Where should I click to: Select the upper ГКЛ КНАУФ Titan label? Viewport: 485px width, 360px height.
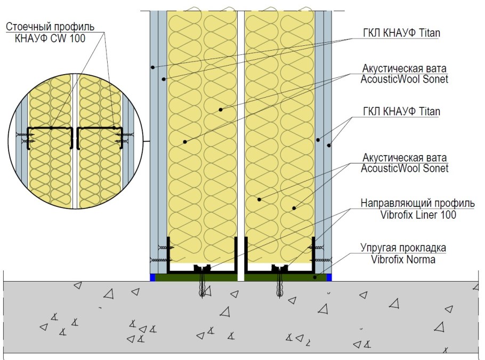click(401, 33)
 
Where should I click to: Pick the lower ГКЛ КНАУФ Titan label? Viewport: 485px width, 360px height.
click(401, 111)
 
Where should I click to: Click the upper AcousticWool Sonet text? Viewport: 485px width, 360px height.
click(405, 79)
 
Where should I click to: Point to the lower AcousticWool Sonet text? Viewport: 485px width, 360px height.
click(405, 169)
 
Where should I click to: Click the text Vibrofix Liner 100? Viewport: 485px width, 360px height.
click(418, 215)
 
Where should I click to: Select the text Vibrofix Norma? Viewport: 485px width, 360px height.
click(403, 259)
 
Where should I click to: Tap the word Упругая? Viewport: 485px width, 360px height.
click(378, 248)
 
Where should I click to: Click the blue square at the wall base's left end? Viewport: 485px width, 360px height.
click(152, 277)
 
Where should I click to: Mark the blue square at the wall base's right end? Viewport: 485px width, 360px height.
click(329, 277)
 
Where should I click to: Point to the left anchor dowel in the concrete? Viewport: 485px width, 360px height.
click(202, 284)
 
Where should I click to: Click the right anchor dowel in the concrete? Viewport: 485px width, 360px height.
click(280, 284)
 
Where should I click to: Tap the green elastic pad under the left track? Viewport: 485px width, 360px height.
click(196, 277)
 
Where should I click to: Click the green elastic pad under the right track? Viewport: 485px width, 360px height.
click(286, 277)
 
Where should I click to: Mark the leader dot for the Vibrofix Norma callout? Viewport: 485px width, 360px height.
click(315, 277)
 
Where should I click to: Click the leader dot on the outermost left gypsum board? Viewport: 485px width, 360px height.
click(152, 67)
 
